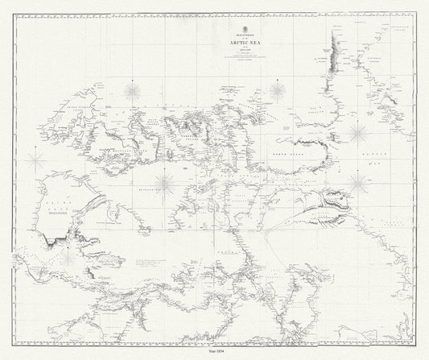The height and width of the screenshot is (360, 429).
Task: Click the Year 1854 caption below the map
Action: point(214,352)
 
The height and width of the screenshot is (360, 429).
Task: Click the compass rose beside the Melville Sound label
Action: point(167,184)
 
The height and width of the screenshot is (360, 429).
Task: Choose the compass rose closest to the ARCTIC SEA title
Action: point(278,90)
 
